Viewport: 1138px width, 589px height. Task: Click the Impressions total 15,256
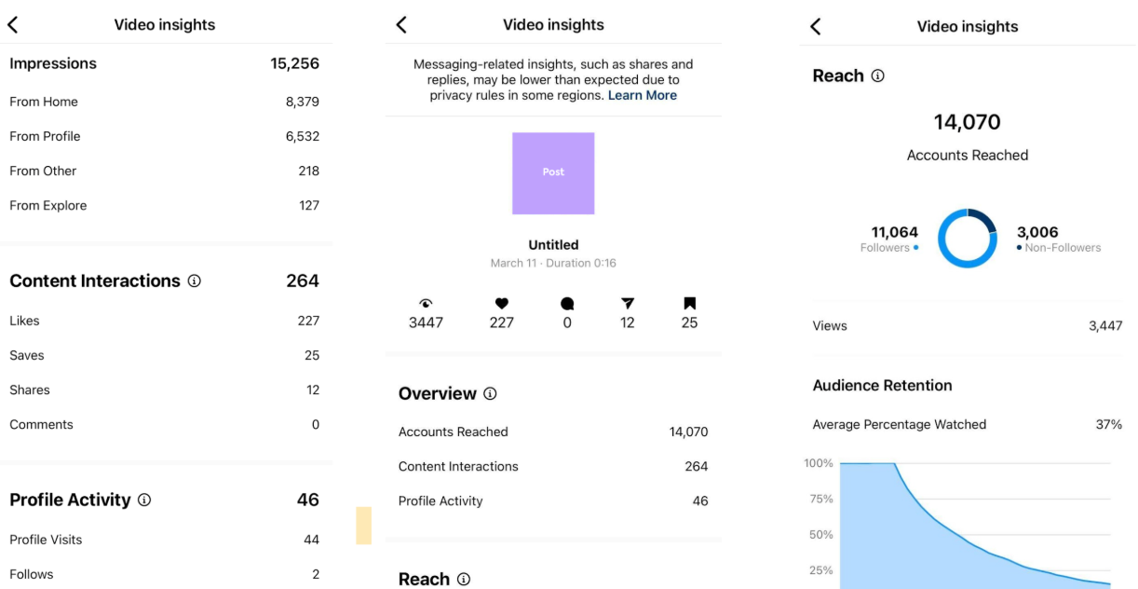point(294,63)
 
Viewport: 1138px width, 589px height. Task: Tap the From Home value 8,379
point(302,102)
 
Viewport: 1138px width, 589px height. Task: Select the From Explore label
point(47,205)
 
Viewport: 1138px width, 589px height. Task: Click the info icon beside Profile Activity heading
point(144,500)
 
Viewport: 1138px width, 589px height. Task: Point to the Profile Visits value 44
point(311,540)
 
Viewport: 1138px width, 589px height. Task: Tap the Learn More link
point(642,95)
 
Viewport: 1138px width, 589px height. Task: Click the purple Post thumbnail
point(553,173)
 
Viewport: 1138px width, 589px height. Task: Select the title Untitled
point(553,245)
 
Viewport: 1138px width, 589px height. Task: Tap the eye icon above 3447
point(426,304)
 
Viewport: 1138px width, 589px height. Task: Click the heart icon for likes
point(501,304)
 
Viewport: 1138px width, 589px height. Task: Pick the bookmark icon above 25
point(689,304)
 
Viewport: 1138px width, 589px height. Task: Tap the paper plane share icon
point(628,304)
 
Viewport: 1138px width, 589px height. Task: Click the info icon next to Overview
point(490,394)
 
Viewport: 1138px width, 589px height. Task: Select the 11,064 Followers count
point(894,232)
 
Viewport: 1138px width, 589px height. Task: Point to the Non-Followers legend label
point(1063,248)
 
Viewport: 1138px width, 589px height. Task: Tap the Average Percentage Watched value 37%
point(1108,424)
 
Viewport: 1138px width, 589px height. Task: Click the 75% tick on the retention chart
point(820,499)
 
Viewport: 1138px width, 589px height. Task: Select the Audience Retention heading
point(882,385)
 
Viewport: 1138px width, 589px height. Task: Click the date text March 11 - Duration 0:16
point(553,263)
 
